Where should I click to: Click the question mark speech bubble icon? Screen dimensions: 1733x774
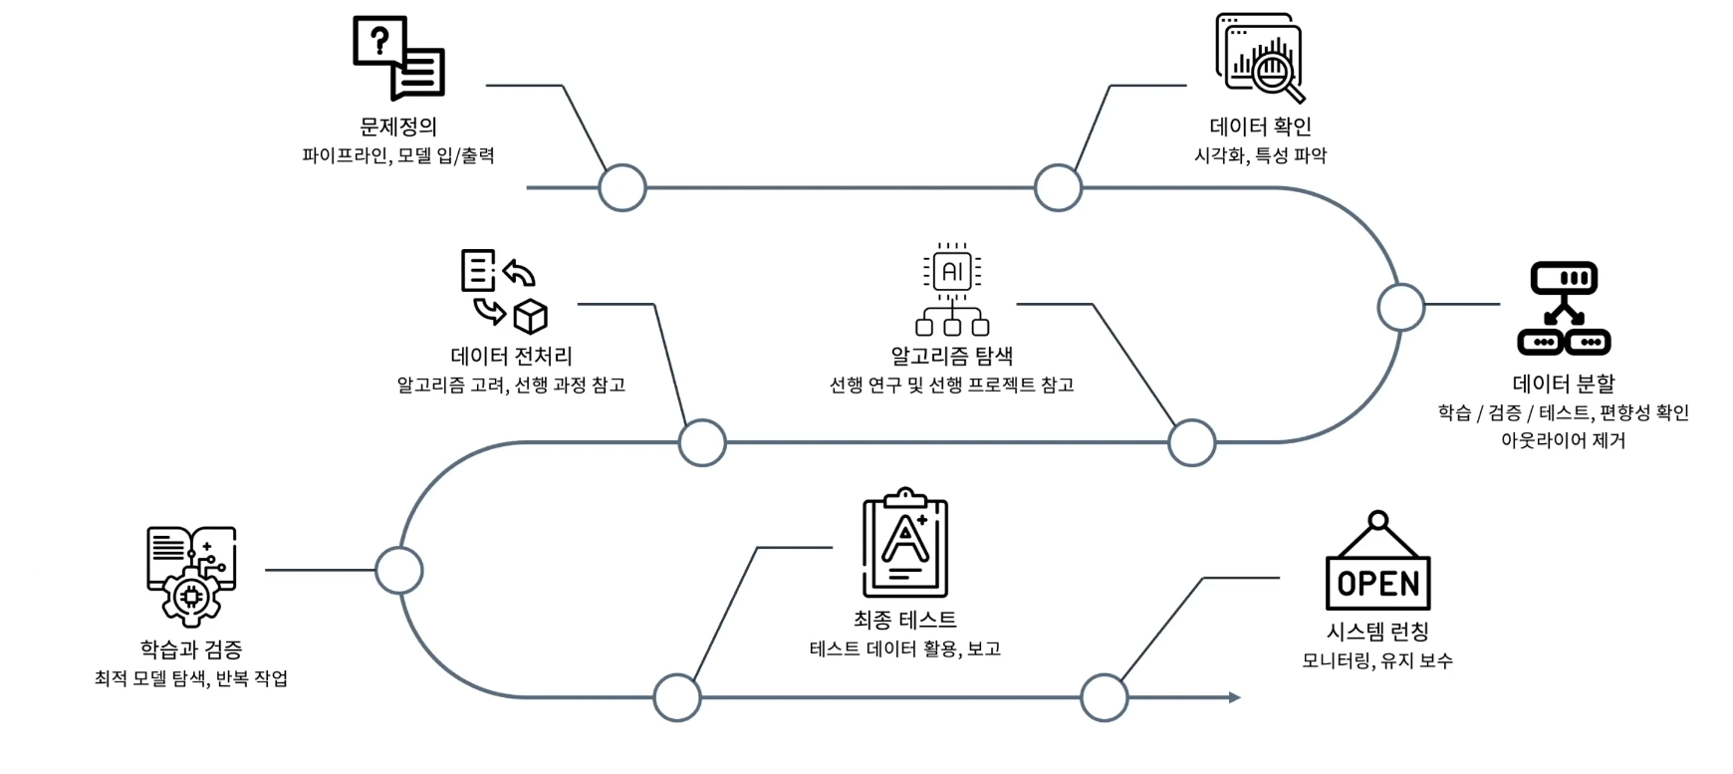click(x=398, y=58)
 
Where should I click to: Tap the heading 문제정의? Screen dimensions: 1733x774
click(x=398, y=127)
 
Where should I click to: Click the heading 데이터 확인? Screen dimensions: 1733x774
click(x=1260, y=127)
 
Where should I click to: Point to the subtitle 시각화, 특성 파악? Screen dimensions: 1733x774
click(x=1260, y=155)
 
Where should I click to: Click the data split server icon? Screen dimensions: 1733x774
click(x=1563, y=309)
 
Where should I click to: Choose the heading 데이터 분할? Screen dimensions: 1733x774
click(x=1564, y=384)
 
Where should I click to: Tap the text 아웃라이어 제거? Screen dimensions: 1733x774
click(x=1563, y=439)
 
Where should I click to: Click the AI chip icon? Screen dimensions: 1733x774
click(x=952, y=288)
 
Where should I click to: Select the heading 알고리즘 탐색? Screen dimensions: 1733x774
click(x=951, y=356)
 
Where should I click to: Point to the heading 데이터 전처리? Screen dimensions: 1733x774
click(x=512, y=356)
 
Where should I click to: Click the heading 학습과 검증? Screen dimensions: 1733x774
click(x=191, y=649)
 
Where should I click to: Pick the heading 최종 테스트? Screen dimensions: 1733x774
click(x=904, y=620)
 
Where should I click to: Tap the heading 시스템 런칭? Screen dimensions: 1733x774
click(x=1377, y=632)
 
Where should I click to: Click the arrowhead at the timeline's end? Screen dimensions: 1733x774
click(x=1235, y=697)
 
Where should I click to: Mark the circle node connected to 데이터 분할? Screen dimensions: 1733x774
click(x=1401, y=306)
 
